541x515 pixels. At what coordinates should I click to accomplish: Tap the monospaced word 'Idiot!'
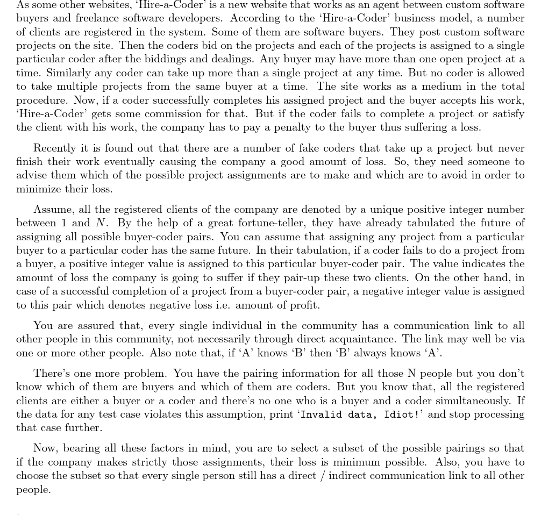401,414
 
